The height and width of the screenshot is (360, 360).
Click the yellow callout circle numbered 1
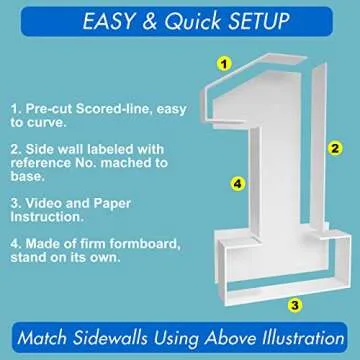coord(224,63)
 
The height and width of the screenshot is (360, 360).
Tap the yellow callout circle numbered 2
coord(335,148)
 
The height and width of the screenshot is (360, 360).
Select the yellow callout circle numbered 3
coord(295,305)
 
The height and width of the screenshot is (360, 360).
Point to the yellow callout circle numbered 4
coord(237,184)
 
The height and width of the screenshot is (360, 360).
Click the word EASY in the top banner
coord(108,22)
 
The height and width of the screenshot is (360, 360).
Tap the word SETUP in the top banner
coord(259,22)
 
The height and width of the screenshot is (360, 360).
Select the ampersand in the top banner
coord(149,22)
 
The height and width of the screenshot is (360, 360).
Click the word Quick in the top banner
coord(193,22)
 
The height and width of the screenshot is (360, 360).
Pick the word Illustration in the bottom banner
coord(274,337)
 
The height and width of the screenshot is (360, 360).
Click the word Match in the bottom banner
coord(41,337)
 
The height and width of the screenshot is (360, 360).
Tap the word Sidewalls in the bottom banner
coord(110,337)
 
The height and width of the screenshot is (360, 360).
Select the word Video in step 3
coord(44,203)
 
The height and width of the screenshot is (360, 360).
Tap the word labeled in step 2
coord(111,149)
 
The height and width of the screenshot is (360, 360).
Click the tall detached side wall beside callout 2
coord(318,147)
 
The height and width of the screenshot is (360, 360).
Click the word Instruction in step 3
coord(45,217)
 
